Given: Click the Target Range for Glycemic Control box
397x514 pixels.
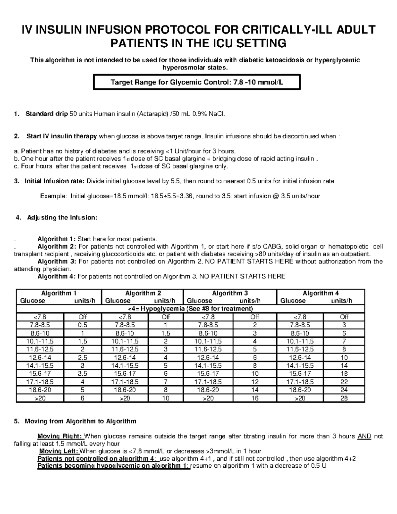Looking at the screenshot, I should (x=197, y=82).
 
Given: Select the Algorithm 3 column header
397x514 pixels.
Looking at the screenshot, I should (x=230, y=293).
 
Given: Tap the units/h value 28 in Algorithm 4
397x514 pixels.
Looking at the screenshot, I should (x=344, y=398).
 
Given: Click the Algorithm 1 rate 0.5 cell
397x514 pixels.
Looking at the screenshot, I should (x=82, y=325).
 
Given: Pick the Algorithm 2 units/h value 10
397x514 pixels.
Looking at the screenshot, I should (x=165, y=398).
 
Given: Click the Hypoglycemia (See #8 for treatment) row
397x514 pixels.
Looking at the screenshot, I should (x=190, y=309).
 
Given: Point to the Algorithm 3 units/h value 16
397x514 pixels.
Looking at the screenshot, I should (x=254, y=398).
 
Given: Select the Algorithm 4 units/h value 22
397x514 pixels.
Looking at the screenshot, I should (x=344, y=382).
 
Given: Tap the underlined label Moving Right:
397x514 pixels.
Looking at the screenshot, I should (x=61, y=437).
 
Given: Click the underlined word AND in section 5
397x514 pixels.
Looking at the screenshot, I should (x=364, y=437).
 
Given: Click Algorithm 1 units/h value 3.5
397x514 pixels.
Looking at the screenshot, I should (x=82, y=374).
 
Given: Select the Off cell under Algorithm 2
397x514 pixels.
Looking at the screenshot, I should (x=165, y=317).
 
